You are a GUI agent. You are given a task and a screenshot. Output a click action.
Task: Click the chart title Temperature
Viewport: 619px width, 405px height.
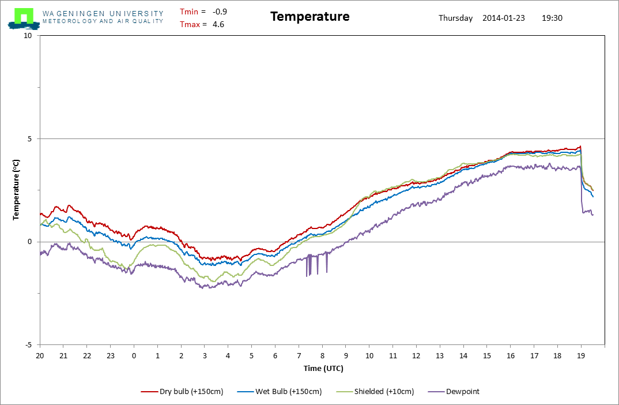309,17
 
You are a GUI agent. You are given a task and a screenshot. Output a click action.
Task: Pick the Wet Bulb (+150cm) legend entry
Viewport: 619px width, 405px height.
281,391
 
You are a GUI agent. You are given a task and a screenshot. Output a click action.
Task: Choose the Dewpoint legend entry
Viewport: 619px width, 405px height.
454,391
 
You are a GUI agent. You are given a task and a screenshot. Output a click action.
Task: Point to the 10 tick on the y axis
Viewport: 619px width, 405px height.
28,36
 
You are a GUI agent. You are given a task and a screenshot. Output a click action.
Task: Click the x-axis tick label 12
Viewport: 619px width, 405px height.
416,355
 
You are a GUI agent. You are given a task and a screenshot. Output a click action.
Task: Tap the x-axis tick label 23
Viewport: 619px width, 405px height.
110,355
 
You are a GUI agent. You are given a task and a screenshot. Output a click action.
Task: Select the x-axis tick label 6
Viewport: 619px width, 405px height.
275,355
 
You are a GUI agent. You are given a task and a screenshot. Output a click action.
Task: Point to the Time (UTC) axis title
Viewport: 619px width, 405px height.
323,368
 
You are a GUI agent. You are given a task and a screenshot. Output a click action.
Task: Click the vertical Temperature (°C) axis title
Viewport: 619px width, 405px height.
17,190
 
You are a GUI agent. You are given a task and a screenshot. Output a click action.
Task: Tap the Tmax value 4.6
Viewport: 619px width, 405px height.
218,24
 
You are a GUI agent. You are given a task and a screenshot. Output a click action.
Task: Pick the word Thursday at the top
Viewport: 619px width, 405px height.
455,18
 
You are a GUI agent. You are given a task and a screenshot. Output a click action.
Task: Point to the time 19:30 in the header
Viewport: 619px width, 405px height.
552,18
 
